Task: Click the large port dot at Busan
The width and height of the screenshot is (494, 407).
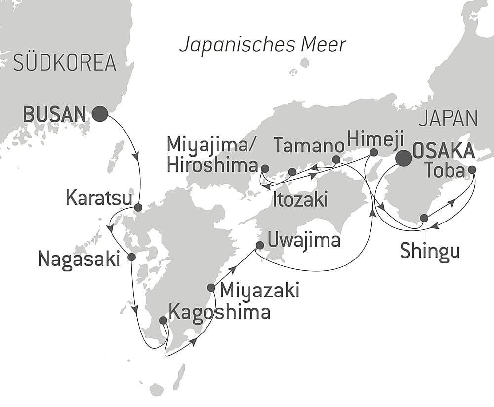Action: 100,114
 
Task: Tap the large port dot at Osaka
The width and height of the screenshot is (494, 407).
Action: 404,158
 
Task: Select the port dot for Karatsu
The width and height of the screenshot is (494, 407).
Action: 138,207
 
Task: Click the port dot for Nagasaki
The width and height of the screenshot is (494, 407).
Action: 131,257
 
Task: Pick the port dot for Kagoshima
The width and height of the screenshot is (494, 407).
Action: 163,320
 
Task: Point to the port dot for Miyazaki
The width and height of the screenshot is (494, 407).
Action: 211,288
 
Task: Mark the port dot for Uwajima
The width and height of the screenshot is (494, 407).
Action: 260,245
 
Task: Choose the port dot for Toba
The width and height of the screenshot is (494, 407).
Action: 472,170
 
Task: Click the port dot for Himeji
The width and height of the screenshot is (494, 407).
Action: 374,152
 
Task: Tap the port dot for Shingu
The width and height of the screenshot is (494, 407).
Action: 424,218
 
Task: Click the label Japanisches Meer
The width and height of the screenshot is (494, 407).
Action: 262,45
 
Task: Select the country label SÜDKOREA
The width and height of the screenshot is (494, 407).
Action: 65,63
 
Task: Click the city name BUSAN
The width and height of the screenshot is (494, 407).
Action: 55,114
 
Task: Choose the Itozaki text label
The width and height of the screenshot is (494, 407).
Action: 300,200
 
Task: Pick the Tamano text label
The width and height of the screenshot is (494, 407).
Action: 309,146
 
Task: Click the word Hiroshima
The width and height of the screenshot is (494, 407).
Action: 213,166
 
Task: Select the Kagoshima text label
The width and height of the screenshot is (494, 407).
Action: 219,312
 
